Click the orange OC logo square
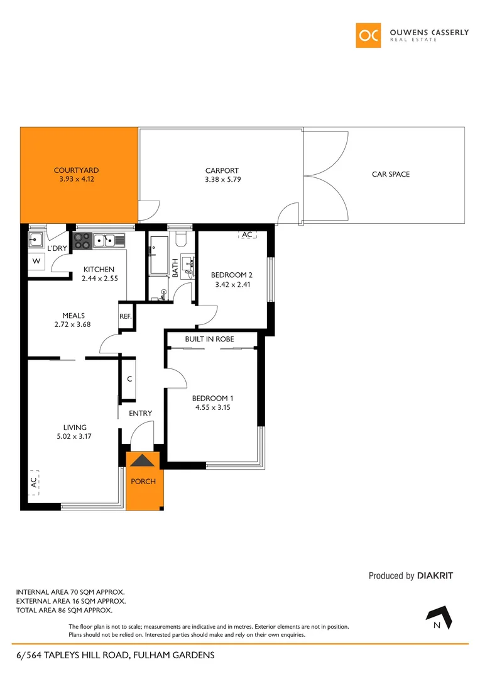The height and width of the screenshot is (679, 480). point(368,35)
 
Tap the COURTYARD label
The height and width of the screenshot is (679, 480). point(76,170)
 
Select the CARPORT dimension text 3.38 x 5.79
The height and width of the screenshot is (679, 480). point(222,179)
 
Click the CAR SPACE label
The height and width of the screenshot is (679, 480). point(390,174)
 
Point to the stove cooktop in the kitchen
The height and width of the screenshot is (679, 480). point(82,240)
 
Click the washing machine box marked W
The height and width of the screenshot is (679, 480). point(36,261)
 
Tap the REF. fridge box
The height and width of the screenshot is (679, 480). point(126,316)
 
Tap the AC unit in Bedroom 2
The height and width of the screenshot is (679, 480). point(247,235)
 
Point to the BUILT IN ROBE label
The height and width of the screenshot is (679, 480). point(209,339)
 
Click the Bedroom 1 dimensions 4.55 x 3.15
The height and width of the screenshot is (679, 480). point(213,407)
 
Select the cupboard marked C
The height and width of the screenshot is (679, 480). point(129,379)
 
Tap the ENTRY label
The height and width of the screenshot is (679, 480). point(140,413)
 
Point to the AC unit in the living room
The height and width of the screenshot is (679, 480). point(33,482)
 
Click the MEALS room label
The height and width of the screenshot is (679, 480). point(74,316)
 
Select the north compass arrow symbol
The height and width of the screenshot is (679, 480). point(440,617)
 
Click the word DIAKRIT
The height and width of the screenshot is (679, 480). point(435,575)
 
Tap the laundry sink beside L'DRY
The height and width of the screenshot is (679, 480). point(36,238)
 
